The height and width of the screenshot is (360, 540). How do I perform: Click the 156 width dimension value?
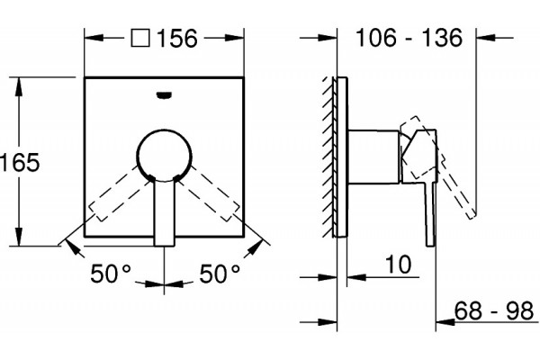point(177,38)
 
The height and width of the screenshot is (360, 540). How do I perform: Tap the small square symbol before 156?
point(140,38)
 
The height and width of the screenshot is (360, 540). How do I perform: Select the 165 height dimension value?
point(20,162)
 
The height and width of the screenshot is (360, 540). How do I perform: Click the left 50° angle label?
point(111,274)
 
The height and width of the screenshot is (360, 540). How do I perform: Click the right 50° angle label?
point(220,274)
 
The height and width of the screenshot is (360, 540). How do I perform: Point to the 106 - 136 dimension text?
point(409,38)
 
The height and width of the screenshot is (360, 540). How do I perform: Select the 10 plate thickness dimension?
point(398,265)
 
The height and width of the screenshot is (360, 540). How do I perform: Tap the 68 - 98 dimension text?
point(494,310)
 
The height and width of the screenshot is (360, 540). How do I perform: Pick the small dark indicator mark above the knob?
point(164,94)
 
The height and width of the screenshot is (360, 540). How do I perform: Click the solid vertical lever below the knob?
point(164,211)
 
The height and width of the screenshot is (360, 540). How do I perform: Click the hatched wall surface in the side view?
point(329,157)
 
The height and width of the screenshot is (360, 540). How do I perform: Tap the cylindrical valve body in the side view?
point(374,156)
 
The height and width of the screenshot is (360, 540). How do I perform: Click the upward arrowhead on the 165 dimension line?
point(19,86)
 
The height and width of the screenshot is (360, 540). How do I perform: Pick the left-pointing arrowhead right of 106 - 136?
point(486,37)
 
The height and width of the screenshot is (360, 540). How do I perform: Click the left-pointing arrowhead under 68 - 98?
point(445,322)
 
